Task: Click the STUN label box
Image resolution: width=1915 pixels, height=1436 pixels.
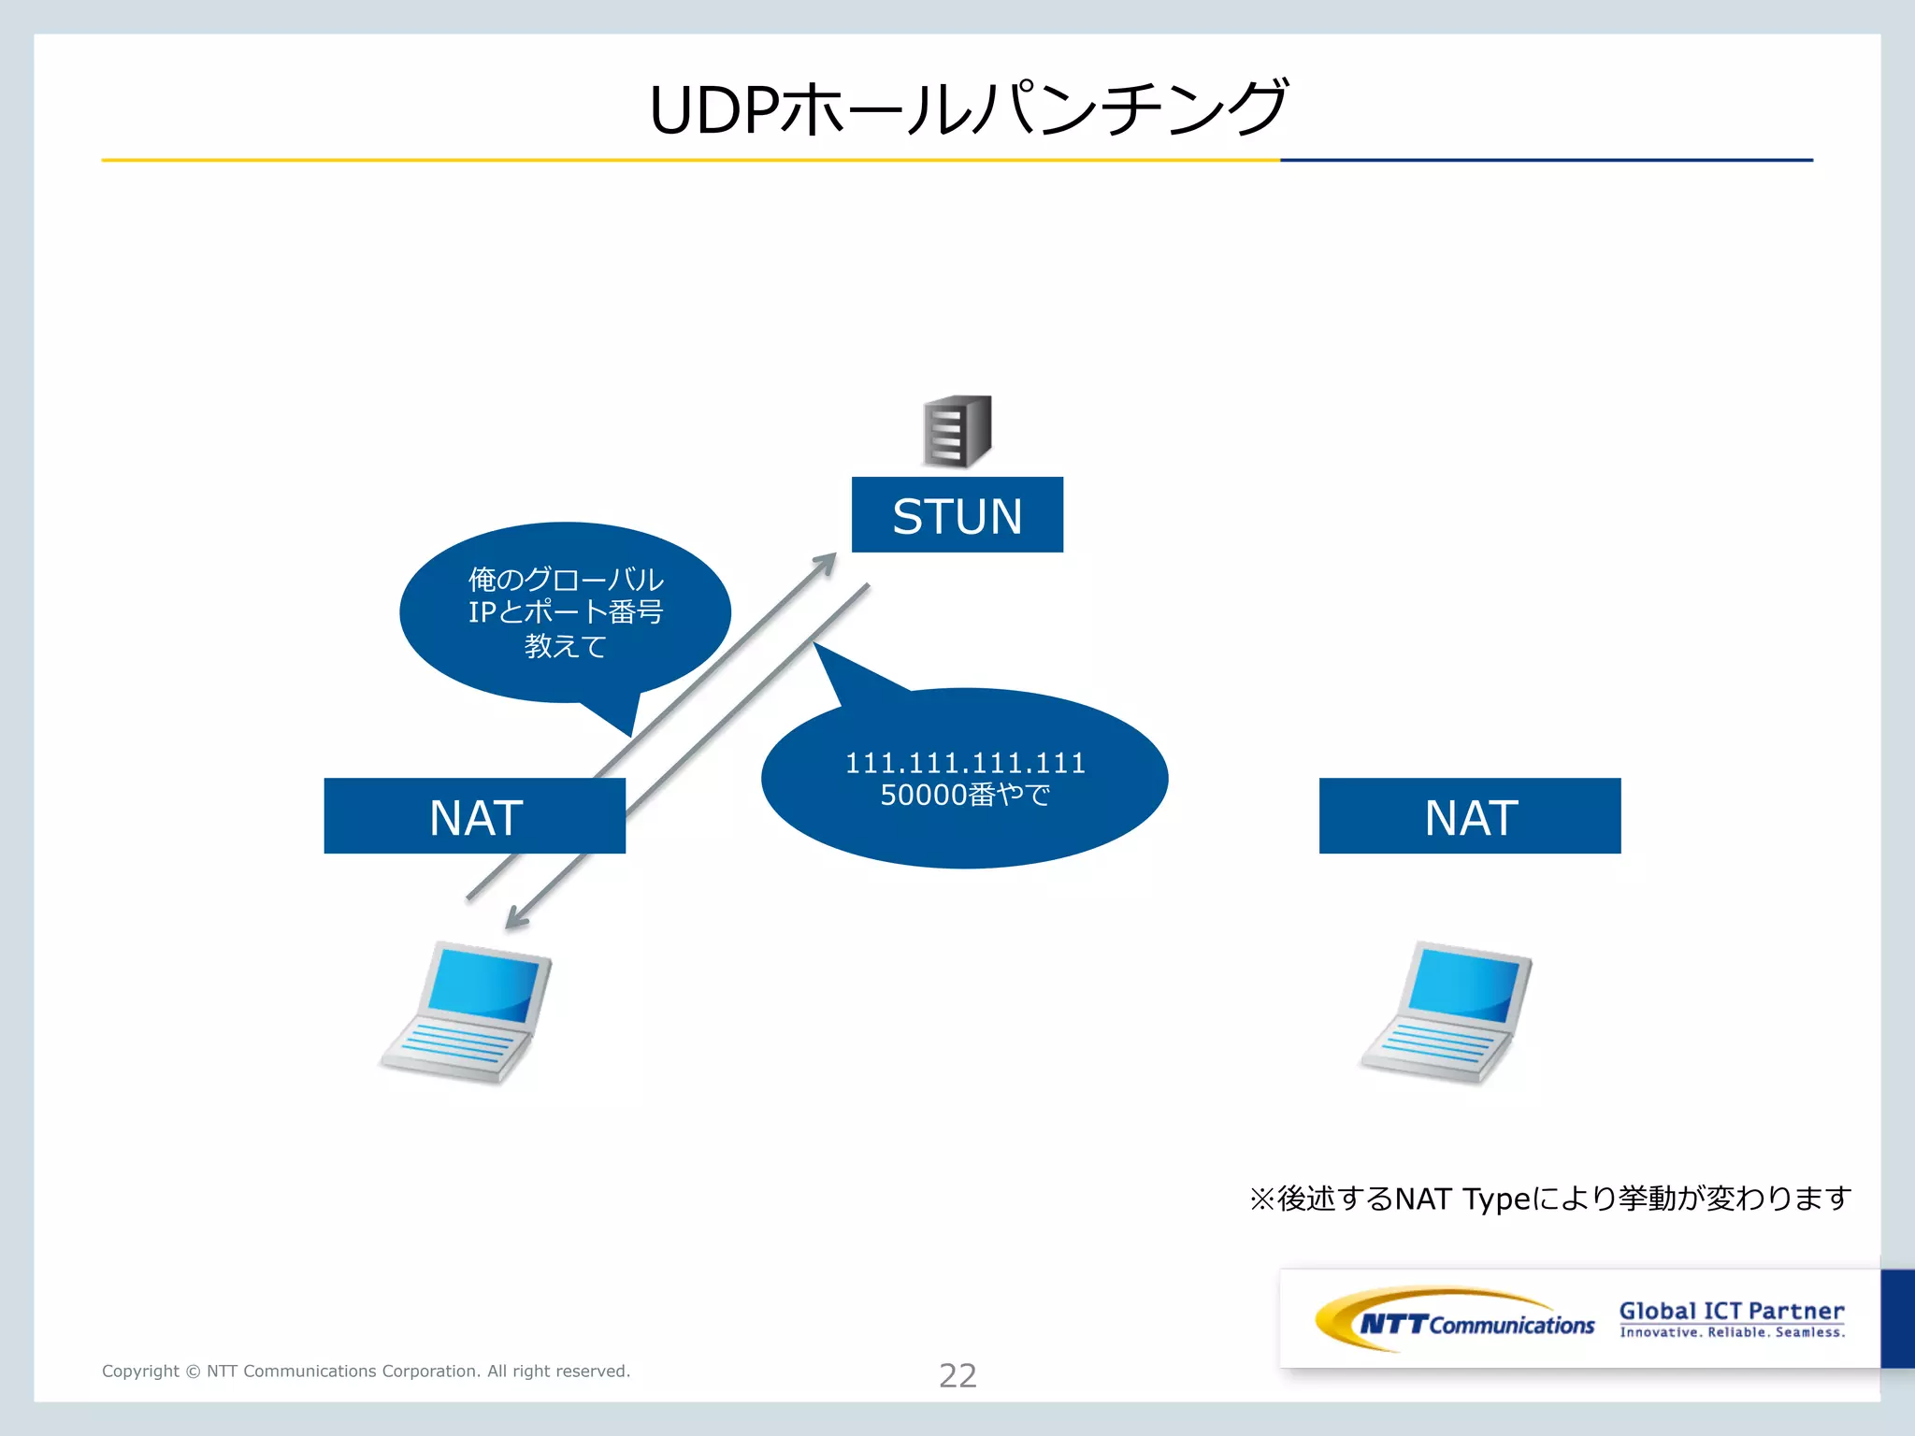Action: pyautogui.click(x=957, y=515)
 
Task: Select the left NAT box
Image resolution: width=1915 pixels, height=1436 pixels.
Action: pyautogui.click(x=474, y=816)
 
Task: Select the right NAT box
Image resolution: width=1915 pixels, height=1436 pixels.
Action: pyautogui.click(x=1469, y=816)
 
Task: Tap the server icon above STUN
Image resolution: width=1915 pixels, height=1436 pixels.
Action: pyautogui.click(x=957, y=431)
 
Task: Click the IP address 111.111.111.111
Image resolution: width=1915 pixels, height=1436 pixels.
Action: pyautogui.click(x=965, y=763)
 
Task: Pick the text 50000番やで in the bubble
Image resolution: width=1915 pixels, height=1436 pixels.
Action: pyautogui.click(x=965, y=796)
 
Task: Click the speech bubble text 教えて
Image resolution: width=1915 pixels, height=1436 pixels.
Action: pyautogui.click(x=565, y=646)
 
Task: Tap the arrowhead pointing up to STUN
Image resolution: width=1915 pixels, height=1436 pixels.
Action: pyautogui.click(x=826, y=562)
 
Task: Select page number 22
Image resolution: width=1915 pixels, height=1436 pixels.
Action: pyautogui.click(x=957, y=1375)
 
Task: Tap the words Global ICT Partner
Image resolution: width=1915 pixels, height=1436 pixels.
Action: pyautogui.click(x=1732, y=1311)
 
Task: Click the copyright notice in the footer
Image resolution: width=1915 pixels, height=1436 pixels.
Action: pyautogui.click(x=366, y=1371)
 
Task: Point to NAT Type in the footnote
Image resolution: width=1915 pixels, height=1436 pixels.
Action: pyautogui.click(x=1461, y=1199)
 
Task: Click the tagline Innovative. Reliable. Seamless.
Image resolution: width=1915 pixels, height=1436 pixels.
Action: pyautogui.click(x=1732, y=1333)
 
